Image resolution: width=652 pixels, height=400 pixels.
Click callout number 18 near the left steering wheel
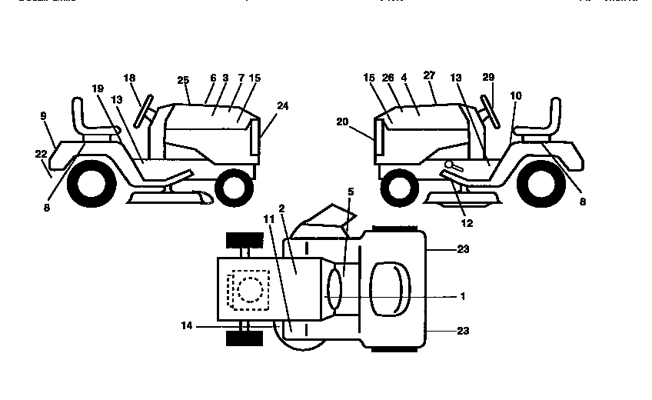pyautogui.click(x=129, y=78)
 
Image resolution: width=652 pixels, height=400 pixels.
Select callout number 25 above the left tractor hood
pyautogui.click(x=182, y=80)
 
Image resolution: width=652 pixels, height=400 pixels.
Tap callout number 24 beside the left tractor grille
pyautogui.click(x=283, y=106)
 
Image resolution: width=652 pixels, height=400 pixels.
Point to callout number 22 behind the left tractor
pyautogui.click(x=41, y=154)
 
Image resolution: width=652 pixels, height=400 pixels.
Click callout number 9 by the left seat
pyautogui.click(x=43, y=115)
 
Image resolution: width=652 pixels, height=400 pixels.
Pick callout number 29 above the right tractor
pyautogui.click(x=488, y=78)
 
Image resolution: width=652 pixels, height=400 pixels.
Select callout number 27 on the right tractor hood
pyautogui.click(x=429, y=75)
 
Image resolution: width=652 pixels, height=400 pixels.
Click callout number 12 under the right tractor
pyautogui.click(x=467, y=224)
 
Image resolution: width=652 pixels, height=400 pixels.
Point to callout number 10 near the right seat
pyautogui.click(x=515, y=95)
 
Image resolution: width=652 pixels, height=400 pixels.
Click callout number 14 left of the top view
pyautogui.click(x=188, y=326)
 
